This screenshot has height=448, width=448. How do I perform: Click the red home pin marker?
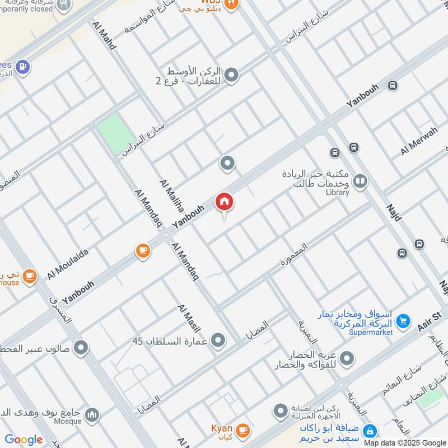(225, 202)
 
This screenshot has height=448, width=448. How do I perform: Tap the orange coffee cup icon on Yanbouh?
(143, 251)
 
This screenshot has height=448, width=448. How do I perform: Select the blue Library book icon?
(360, 181)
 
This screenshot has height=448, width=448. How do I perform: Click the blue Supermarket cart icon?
(402, 321)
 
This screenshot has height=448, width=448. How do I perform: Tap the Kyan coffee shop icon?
(242, 430)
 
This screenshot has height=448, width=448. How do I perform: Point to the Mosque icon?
(92, 415)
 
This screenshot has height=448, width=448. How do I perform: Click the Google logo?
(24, 440)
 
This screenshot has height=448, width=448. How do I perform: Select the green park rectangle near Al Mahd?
(116, 134)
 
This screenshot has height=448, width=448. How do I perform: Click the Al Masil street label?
(189, 319)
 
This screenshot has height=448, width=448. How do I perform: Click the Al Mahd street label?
(105, 36)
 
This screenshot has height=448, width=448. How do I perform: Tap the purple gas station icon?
(22, 67)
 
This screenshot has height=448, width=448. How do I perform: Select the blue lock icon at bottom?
(369, 431)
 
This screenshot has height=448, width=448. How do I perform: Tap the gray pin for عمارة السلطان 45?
(219, 340)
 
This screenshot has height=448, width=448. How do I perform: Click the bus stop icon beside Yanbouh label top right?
(392, 86)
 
